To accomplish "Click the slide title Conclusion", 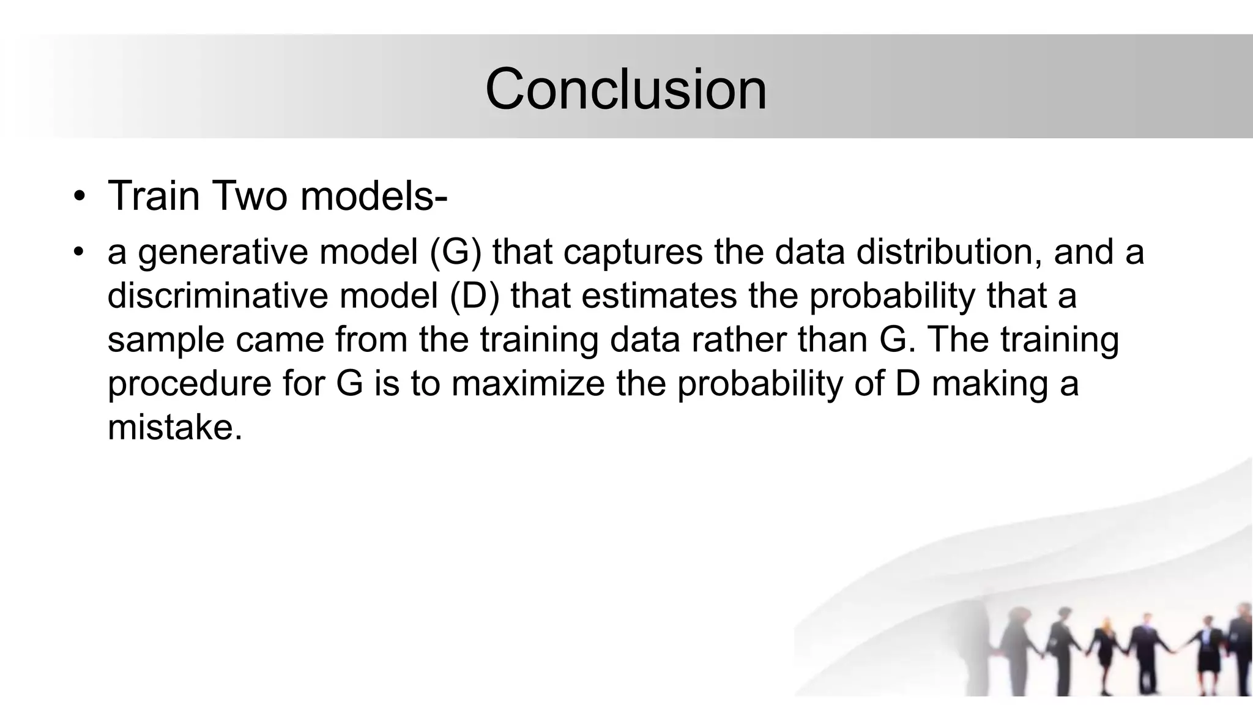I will tap(625, 89).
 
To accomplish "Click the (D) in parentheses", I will tap(475, 296).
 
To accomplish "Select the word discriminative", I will tap(218, 296).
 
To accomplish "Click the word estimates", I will tap(659, 296).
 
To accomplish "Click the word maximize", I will tap(528, 384).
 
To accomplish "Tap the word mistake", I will tap(174, 427).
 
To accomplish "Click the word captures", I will tap(633, 253).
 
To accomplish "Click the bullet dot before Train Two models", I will tap(78, 197).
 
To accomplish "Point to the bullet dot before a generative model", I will tap(78, 253).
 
